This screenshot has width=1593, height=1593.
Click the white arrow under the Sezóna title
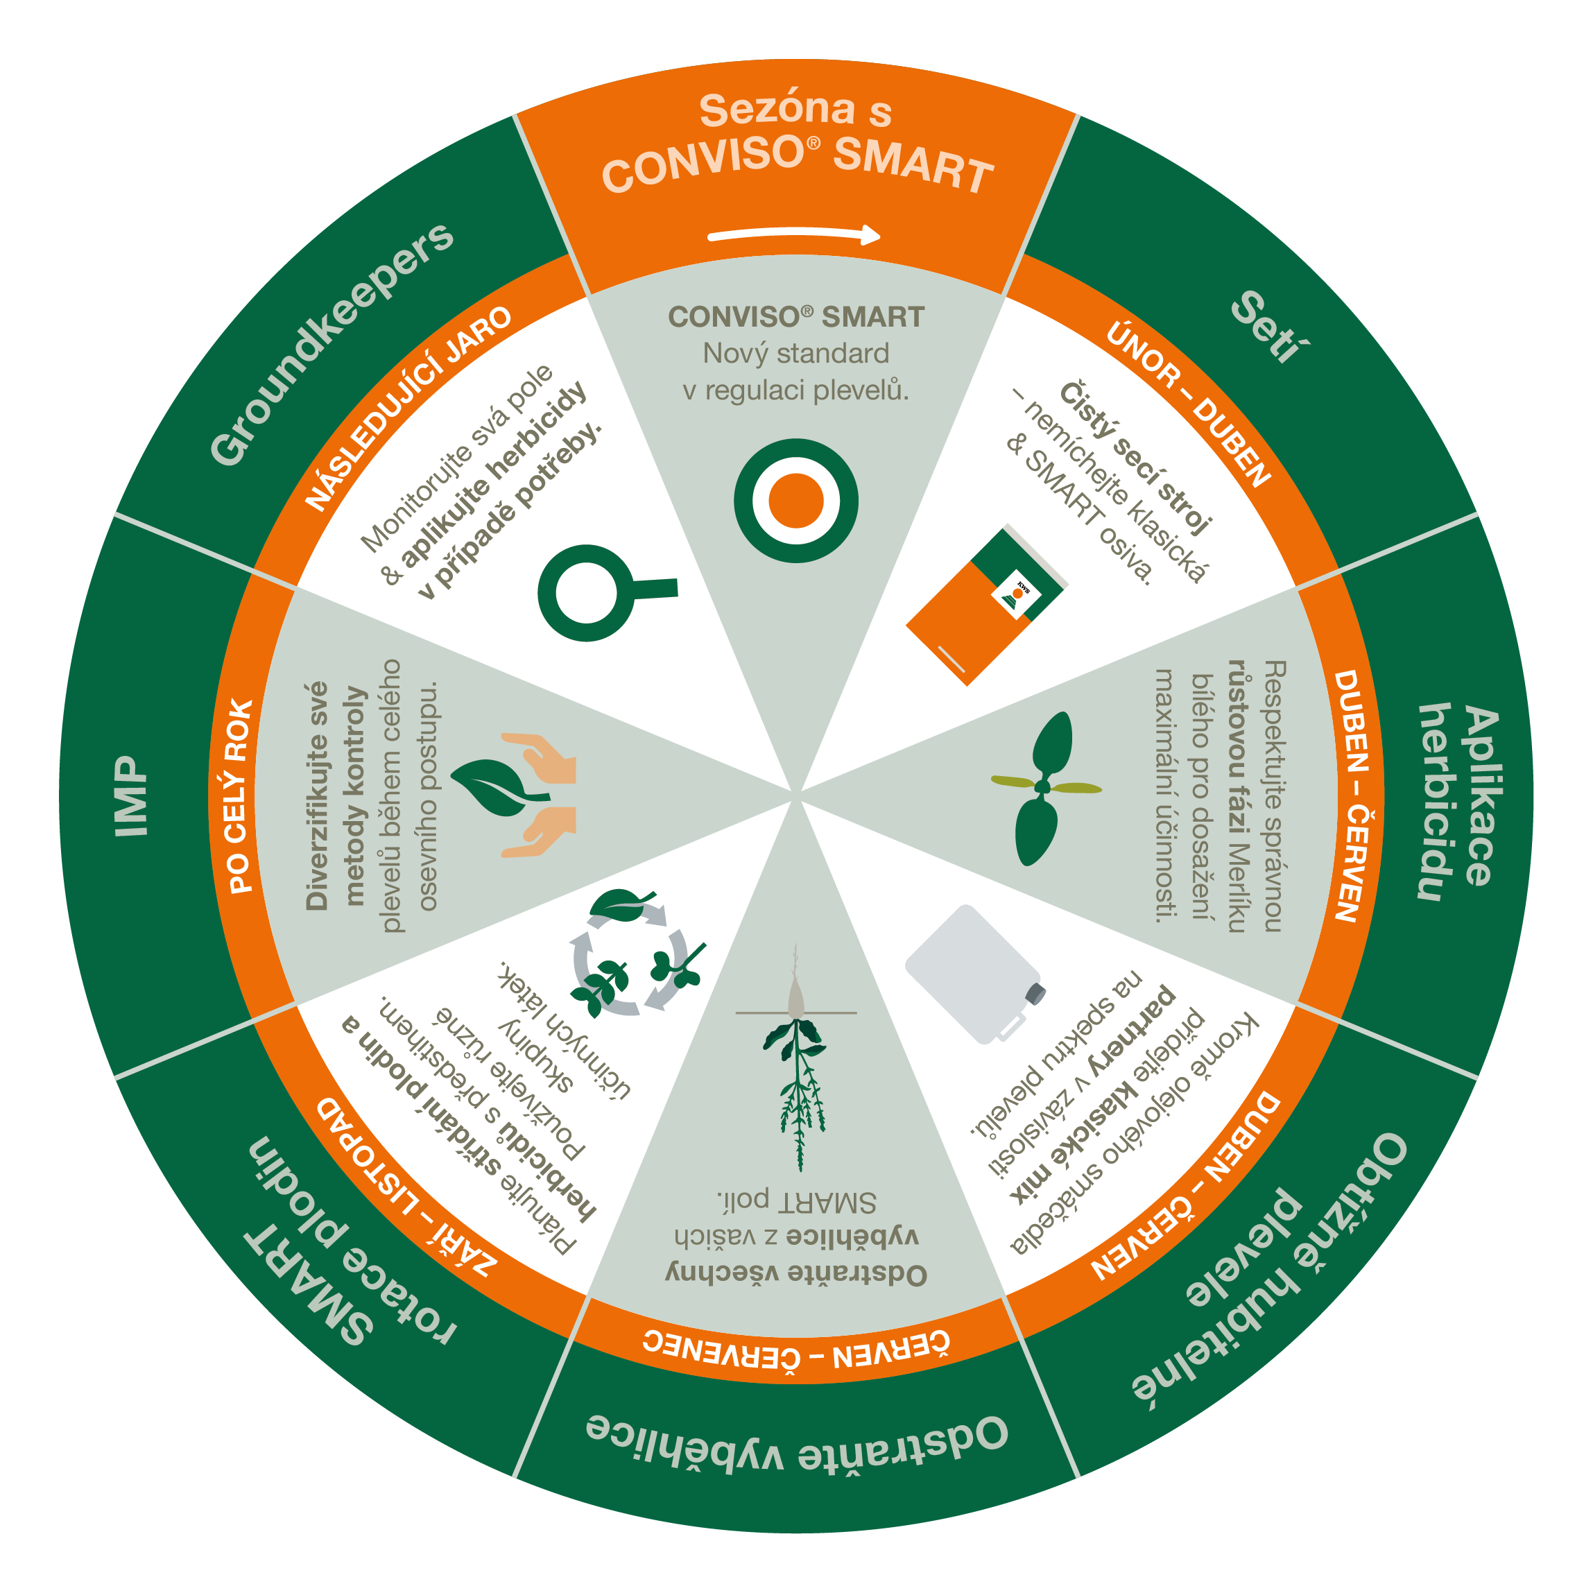(x=794, y=232)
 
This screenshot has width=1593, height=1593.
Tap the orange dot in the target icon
(x=795, y=501)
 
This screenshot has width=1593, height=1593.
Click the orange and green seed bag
(x=986, y=606)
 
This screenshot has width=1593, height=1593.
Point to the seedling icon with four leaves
(x=1044, y=787)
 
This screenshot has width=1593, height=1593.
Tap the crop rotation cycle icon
(x=635, y=952)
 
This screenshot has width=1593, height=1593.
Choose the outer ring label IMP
(x=131, y=796)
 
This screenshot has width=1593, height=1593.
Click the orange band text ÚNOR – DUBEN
(x=1188, y=404)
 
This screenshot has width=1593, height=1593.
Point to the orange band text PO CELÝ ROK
(x=240, y=796)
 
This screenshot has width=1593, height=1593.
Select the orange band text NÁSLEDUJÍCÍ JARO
(x=408, y=408)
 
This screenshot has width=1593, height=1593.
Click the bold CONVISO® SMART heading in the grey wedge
(x=795, y=317)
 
